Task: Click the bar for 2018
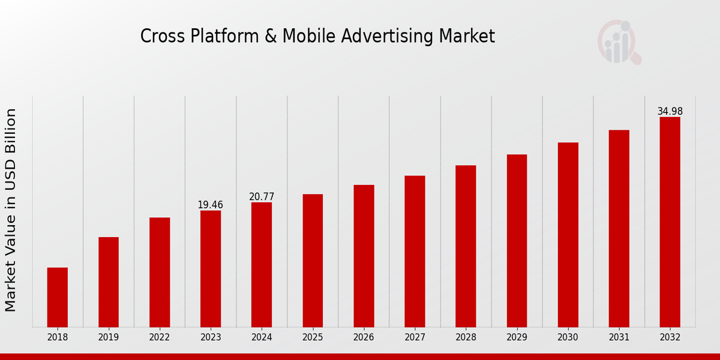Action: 58,297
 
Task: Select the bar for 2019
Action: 109,282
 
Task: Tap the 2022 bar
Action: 160,272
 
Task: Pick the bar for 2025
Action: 313,260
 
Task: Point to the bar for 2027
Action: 415,251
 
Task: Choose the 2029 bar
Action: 517,241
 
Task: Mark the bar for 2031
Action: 619,228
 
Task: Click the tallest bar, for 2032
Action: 670,222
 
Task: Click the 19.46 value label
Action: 210,205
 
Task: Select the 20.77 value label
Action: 262,197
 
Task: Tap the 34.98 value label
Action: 670,112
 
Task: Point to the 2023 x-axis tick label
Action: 211,337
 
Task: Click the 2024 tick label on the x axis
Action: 262,337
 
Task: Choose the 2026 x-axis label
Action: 364,337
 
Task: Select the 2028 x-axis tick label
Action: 466,337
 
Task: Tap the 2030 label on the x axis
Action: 568,337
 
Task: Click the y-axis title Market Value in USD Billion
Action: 11,210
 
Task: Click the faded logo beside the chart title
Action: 619,42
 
